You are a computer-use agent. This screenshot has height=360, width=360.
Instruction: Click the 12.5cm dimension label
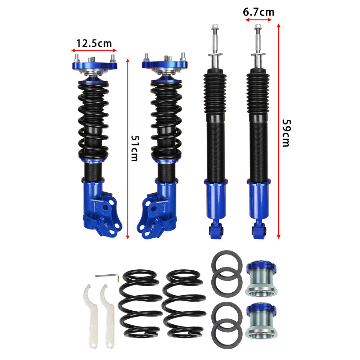click(94, 44)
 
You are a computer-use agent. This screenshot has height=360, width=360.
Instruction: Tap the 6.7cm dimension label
click(258, 12)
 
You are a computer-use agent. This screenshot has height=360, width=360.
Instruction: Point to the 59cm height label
click(286, 133)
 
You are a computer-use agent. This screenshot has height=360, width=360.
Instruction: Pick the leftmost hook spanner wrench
click(91, 316)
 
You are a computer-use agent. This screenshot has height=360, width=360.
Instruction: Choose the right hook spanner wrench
click(107, 316)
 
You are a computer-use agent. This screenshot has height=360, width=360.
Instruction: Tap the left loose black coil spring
click(140, 303)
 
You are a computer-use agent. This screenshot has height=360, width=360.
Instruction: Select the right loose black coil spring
click(184, 303)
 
